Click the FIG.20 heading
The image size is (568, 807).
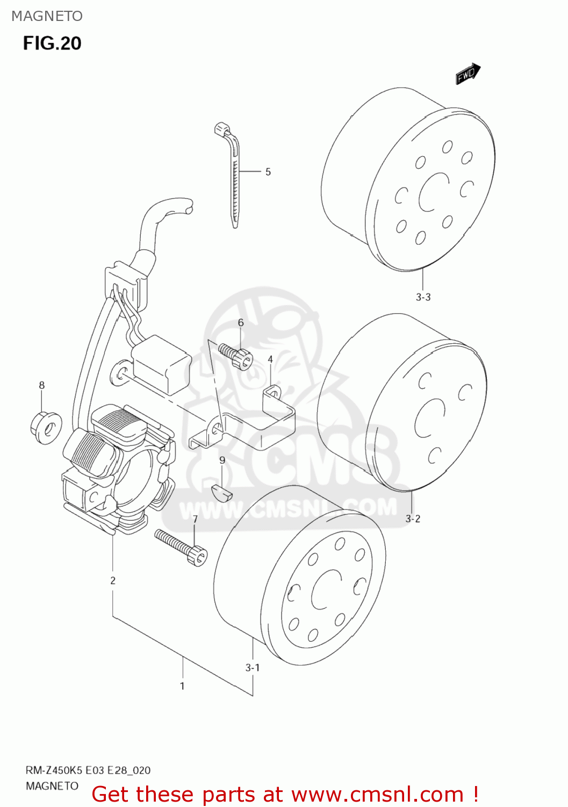coord(52,43)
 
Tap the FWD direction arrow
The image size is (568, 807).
coord(468,74)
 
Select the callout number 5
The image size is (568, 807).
coord(268,172)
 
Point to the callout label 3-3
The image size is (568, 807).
coord(423,297)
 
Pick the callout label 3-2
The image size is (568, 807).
coord(413,519)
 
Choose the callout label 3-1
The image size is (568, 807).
coord(253,668)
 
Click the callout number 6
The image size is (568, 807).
coord(241,323)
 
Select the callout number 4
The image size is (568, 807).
coord(270,359)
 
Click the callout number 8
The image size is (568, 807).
coord(42,385)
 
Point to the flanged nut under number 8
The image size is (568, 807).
coord(46,428)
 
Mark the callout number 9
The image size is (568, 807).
coord(222,461)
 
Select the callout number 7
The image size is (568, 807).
coord(195,519)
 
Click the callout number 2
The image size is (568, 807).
coord(113,581)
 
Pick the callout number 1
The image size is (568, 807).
coord(182,686)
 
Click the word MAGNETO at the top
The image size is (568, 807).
coord(47,16)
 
